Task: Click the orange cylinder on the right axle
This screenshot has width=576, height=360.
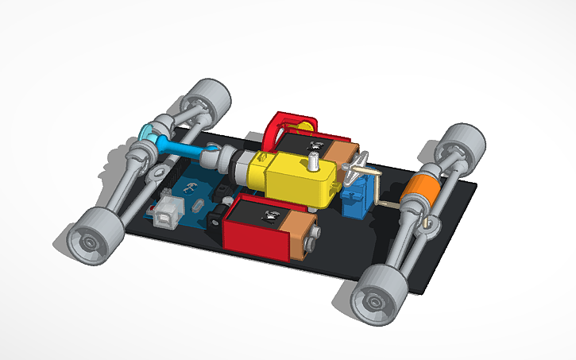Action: [x=419, y=192]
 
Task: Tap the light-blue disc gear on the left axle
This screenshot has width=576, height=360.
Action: [x=148, y=132]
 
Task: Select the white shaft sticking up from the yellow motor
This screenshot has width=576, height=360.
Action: [x=314, y=164]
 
